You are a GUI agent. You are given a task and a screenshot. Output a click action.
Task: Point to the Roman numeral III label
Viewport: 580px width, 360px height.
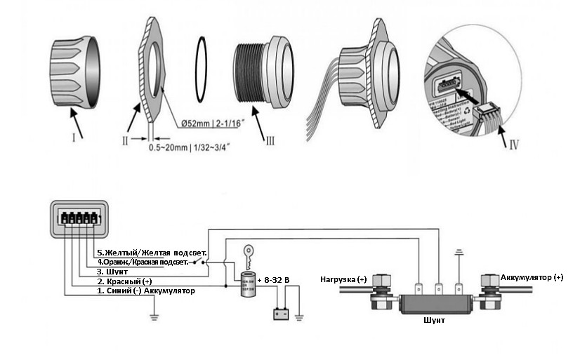click(x=269, y=140)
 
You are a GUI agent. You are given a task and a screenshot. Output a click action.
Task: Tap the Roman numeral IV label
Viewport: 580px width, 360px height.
click(x=513, y=146)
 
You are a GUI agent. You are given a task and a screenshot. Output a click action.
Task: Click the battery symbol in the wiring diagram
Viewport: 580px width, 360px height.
click(x=282, y=314)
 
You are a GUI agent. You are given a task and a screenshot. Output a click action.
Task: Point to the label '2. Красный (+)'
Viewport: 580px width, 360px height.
click(x=122, y=281)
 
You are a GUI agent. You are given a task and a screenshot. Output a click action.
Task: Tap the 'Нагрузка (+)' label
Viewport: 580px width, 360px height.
click(x=343, y=279)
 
